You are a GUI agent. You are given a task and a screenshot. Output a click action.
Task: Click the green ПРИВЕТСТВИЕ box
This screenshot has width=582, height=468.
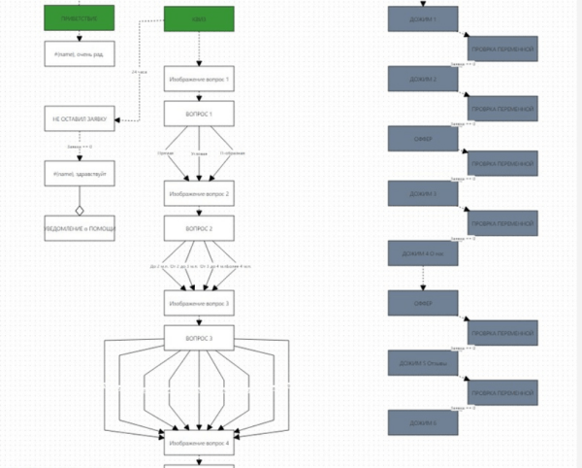(79, 17)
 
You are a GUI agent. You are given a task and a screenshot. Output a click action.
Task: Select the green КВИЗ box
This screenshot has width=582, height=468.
(199, 19)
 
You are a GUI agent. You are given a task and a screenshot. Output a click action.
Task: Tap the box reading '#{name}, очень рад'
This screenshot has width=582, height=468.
(79, 54)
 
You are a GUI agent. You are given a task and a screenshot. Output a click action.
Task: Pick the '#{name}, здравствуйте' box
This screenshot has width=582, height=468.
(79, 174)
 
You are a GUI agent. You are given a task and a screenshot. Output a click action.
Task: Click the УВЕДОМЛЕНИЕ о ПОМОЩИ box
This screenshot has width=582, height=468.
(80, 228)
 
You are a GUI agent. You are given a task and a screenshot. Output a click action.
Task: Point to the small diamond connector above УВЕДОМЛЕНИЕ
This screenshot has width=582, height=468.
(80, 209)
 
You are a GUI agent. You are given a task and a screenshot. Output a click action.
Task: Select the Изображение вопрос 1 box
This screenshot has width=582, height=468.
(199, 80)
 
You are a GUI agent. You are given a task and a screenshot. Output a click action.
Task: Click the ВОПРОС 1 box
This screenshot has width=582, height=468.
(199, 115)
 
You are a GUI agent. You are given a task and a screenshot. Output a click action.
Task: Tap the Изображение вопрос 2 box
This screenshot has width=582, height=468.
(199, 193)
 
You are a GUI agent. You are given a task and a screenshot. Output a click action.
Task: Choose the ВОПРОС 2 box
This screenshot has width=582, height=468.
(199, 228)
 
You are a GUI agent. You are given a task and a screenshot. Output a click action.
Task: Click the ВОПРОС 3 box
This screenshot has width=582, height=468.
(199, 337)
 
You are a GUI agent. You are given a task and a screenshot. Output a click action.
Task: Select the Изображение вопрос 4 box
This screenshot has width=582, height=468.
(199, 443)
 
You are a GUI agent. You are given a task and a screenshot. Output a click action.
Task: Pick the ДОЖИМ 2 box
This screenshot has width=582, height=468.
(423, 79)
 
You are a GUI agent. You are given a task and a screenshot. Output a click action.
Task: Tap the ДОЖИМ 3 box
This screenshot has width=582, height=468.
(423, 193)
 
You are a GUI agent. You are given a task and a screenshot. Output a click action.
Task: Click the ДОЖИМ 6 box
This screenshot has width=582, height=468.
(423, 422)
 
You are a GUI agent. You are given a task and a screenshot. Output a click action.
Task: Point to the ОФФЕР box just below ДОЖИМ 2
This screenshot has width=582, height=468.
(423, 138)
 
